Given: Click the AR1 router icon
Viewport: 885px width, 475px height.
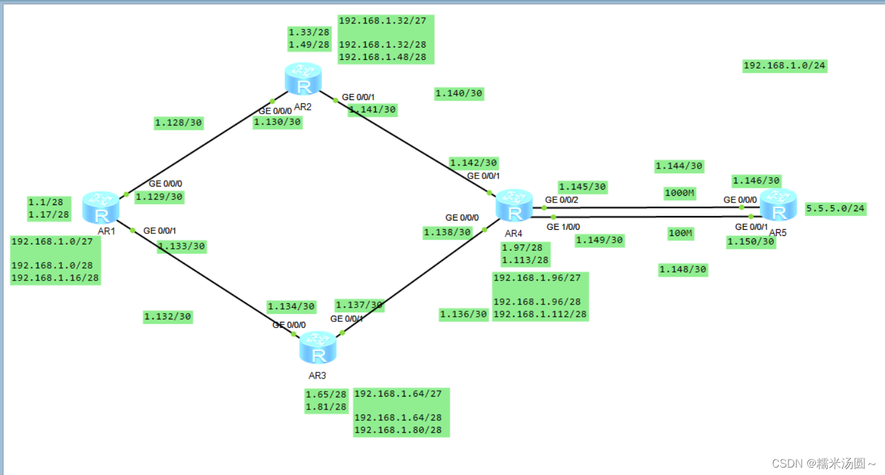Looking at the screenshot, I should (x=103, y=208).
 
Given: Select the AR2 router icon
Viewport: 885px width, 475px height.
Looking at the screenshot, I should (x=303, y=78).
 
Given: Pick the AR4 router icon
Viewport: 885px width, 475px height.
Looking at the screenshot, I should (x=514, y=206).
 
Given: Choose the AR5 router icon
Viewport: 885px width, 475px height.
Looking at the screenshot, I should (x=778, y=204).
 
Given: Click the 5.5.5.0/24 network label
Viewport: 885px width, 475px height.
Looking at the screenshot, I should (x=835, y=209).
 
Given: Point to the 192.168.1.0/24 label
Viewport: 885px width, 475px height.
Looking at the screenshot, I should (x=784, y=66).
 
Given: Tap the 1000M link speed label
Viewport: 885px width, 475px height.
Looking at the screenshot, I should (x=680, y=193).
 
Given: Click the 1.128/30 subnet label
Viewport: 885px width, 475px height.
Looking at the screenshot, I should (x=179, y=123).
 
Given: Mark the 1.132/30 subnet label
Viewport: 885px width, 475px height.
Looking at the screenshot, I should (x=167, y=317).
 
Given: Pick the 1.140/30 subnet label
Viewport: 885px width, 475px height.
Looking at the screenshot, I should (x=459, y=94).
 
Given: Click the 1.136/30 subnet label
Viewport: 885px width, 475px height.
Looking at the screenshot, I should (x=464, y=314).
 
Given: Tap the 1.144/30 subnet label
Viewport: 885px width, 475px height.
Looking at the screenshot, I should (x=679, y=166).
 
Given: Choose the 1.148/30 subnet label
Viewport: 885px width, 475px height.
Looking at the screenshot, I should (x=682, y=269).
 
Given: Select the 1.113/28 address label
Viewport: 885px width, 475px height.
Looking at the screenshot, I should (x=525, y=260).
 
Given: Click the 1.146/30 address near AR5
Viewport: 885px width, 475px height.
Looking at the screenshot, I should (x=756, y=180).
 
